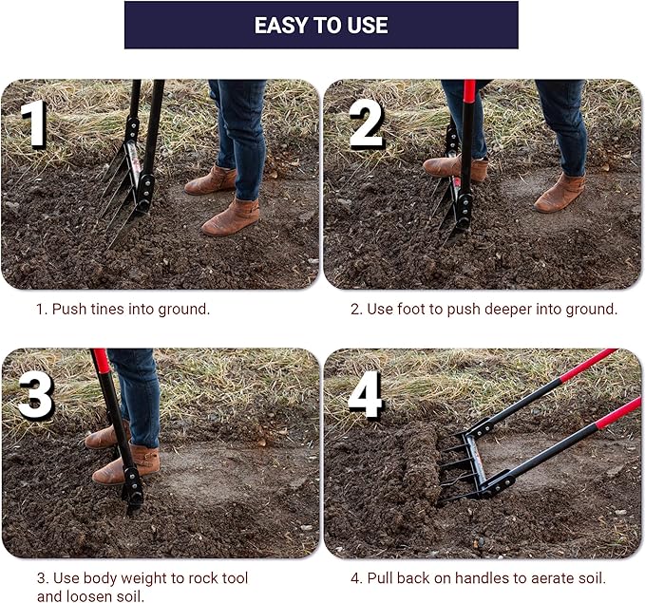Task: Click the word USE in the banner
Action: (368, 26)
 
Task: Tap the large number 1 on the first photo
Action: (34, 123)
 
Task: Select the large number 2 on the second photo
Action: (366, 124)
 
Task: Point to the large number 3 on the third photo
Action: (36, 396)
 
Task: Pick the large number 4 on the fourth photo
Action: (366, 394)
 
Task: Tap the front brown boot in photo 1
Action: (231, 217)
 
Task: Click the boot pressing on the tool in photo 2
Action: (456, 168)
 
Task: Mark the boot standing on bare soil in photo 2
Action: (560, 194)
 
